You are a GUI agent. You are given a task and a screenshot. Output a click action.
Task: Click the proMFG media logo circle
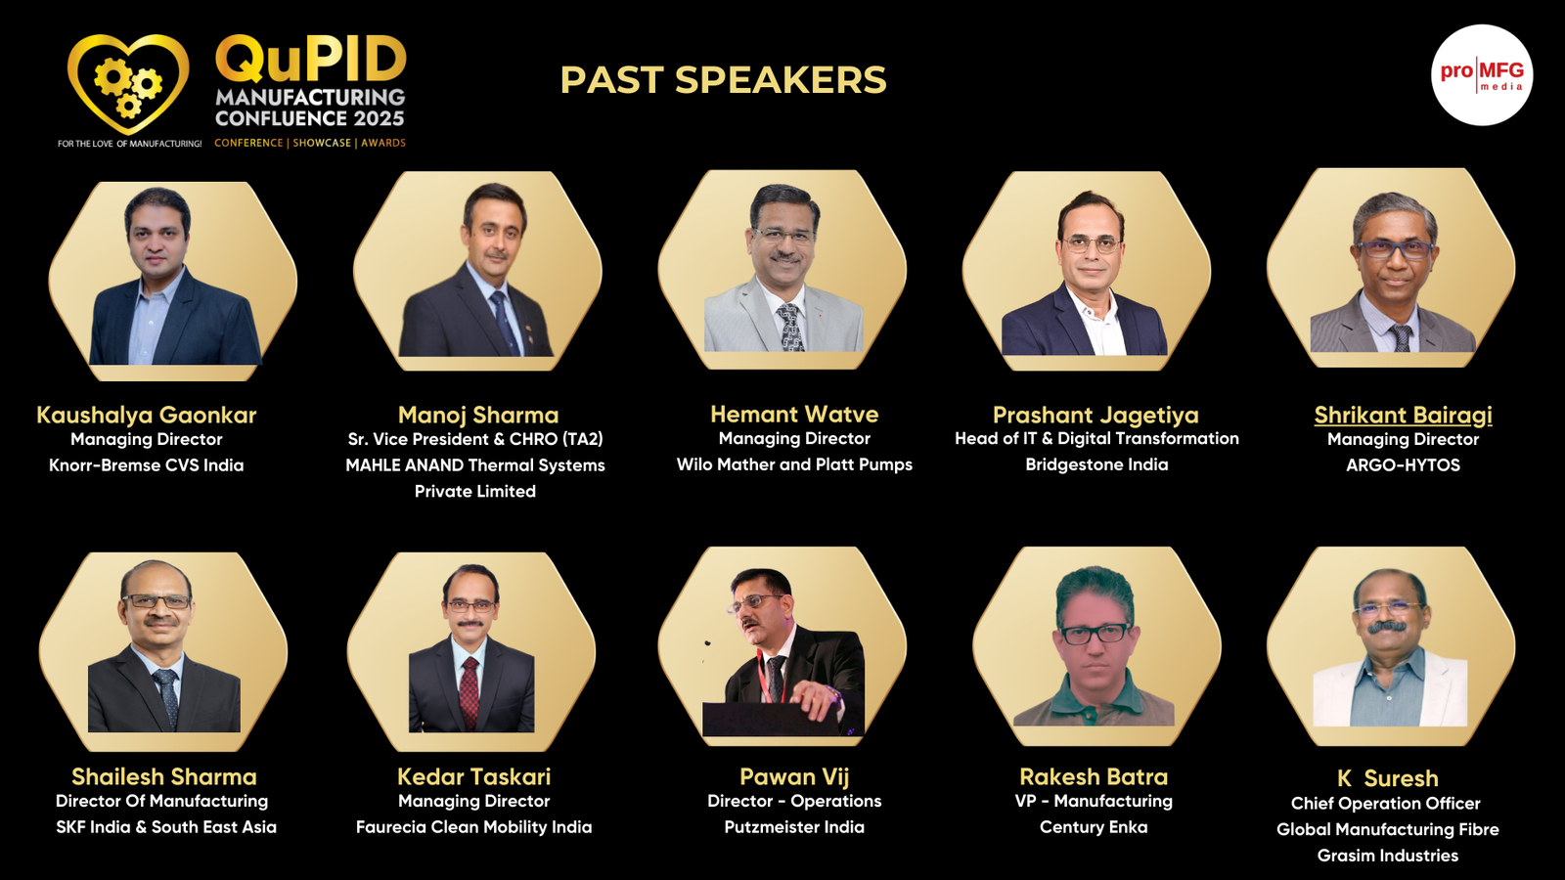1482,75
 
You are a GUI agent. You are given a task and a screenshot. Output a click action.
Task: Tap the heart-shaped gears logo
128,84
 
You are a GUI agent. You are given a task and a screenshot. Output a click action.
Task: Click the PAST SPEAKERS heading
723,79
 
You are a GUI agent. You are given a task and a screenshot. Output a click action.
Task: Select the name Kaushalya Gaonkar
146,415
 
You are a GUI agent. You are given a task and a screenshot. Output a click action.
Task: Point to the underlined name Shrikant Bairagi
1403,415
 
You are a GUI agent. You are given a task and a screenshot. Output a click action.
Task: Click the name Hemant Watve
794,415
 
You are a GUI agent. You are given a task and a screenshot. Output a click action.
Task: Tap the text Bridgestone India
1096,464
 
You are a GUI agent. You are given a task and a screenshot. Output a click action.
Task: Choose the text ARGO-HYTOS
1403,465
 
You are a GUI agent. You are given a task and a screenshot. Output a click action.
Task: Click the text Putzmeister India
794,827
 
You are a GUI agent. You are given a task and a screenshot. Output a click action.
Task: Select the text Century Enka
1094,827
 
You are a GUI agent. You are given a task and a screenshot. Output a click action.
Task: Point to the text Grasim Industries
1388,856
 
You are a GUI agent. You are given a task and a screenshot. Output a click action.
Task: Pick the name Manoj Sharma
478,415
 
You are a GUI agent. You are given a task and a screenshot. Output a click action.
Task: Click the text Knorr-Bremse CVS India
146,465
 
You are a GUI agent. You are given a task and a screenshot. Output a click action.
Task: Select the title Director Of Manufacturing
161,801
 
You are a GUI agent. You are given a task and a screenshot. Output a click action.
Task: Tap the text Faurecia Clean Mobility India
473,827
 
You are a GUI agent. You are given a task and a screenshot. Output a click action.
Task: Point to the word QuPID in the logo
311,59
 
